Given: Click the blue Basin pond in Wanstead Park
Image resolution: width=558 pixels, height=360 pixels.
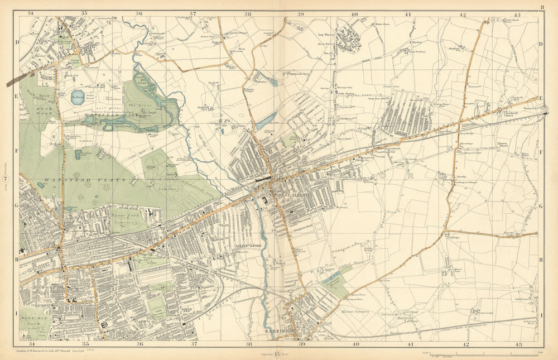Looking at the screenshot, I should [x=78, y=96].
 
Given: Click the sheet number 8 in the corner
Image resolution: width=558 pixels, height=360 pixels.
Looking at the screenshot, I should [x=541, y=7].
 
